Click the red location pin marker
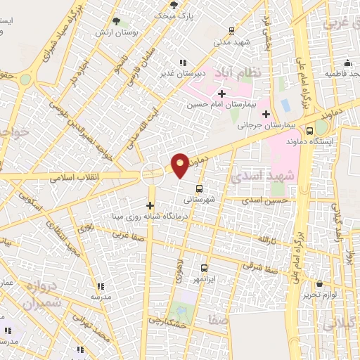(181, 165)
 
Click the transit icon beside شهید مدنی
(232, 31)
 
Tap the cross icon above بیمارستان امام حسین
(222, 94)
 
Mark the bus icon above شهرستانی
(200, 188)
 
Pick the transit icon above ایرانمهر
(205, 268)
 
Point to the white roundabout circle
(153, 175)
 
